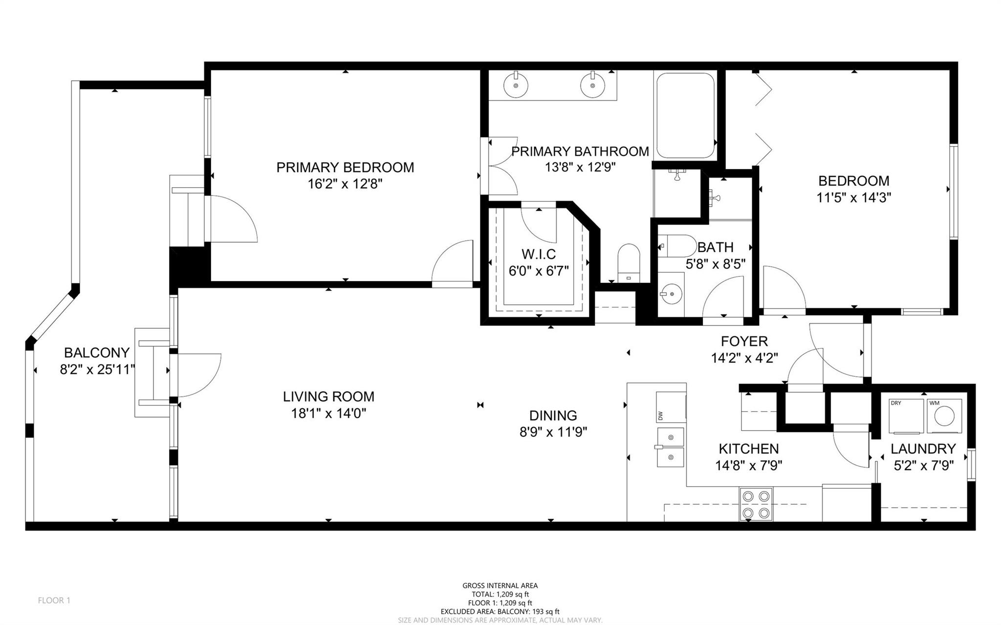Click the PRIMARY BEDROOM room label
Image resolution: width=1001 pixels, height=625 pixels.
pyautogui.click(x=345, y=168)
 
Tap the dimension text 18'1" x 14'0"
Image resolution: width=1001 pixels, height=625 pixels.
pyautogui.click(x=328, y=414)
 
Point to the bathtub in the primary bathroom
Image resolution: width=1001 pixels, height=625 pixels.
pyautogui.click(x=685, y=115)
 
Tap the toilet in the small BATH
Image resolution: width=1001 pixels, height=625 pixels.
pyautogui.click(x=677, y=246)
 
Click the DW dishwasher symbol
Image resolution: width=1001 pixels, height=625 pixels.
pyautogui.click(x=670, y=407)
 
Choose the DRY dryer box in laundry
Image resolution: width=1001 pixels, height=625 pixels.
pyautogui.click(x=906, y=416)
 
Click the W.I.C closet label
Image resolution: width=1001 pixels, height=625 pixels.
pyautogui.click(x=539, y=254)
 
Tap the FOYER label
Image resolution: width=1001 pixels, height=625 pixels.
pyautogui.click(x=744, y=341)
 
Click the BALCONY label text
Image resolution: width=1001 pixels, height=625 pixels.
pyautogui.click(x=97, y=352)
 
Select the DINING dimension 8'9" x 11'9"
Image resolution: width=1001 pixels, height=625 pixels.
pyautogui.click(x=553, y=432)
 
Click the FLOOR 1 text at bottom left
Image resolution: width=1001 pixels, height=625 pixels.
pyautogui.click(x=54, y=600)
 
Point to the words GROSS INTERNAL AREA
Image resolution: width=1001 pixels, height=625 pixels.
pyautogui.click(x=500, y=585)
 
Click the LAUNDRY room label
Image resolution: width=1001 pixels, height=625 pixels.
pyautogui.click(x=923, y=449)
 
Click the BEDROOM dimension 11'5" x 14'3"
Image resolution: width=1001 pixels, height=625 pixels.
pyautogui.click(x=853, y=198)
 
